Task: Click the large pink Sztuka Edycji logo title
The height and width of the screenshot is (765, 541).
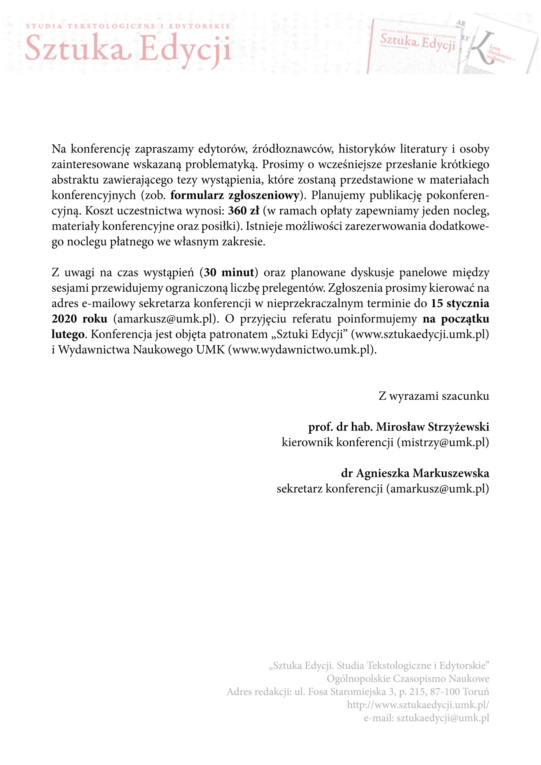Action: (128, 49)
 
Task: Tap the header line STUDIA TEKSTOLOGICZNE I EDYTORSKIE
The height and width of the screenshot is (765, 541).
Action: (128, 26)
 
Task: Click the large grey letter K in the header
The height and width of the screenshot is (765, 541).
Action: (483, 48)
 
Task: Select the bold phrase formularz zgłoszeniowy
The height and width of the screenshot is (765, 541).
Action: (235, 195)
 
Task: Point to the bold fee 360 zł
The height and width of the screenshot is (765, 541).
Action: (244, 210)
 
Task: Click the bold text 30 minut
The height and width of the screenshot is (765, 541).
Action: (229, 272)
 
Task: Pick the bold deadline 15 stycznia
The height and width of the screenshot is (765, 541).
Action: (460, 303)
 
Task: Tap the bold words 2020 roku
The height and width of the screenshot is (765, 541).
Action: (79, 319)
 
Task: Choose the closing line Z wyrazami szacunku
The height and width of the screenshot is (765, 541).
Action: (434, 396)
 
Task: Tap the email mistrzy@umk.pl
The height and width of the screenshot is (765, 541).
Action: (443, 443)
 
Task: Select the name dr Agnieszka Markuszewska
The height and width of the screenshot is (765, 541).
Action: (415, 473)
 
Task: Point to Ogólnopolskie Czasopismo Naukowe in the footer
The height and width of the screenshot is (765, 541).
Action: (408, 679)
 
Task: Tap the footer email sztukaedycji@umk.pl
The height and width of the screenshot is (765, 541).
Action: (443, 718)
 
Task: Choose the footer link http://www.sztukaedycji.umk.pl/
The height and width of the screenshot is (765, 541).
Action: (418, 705)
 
